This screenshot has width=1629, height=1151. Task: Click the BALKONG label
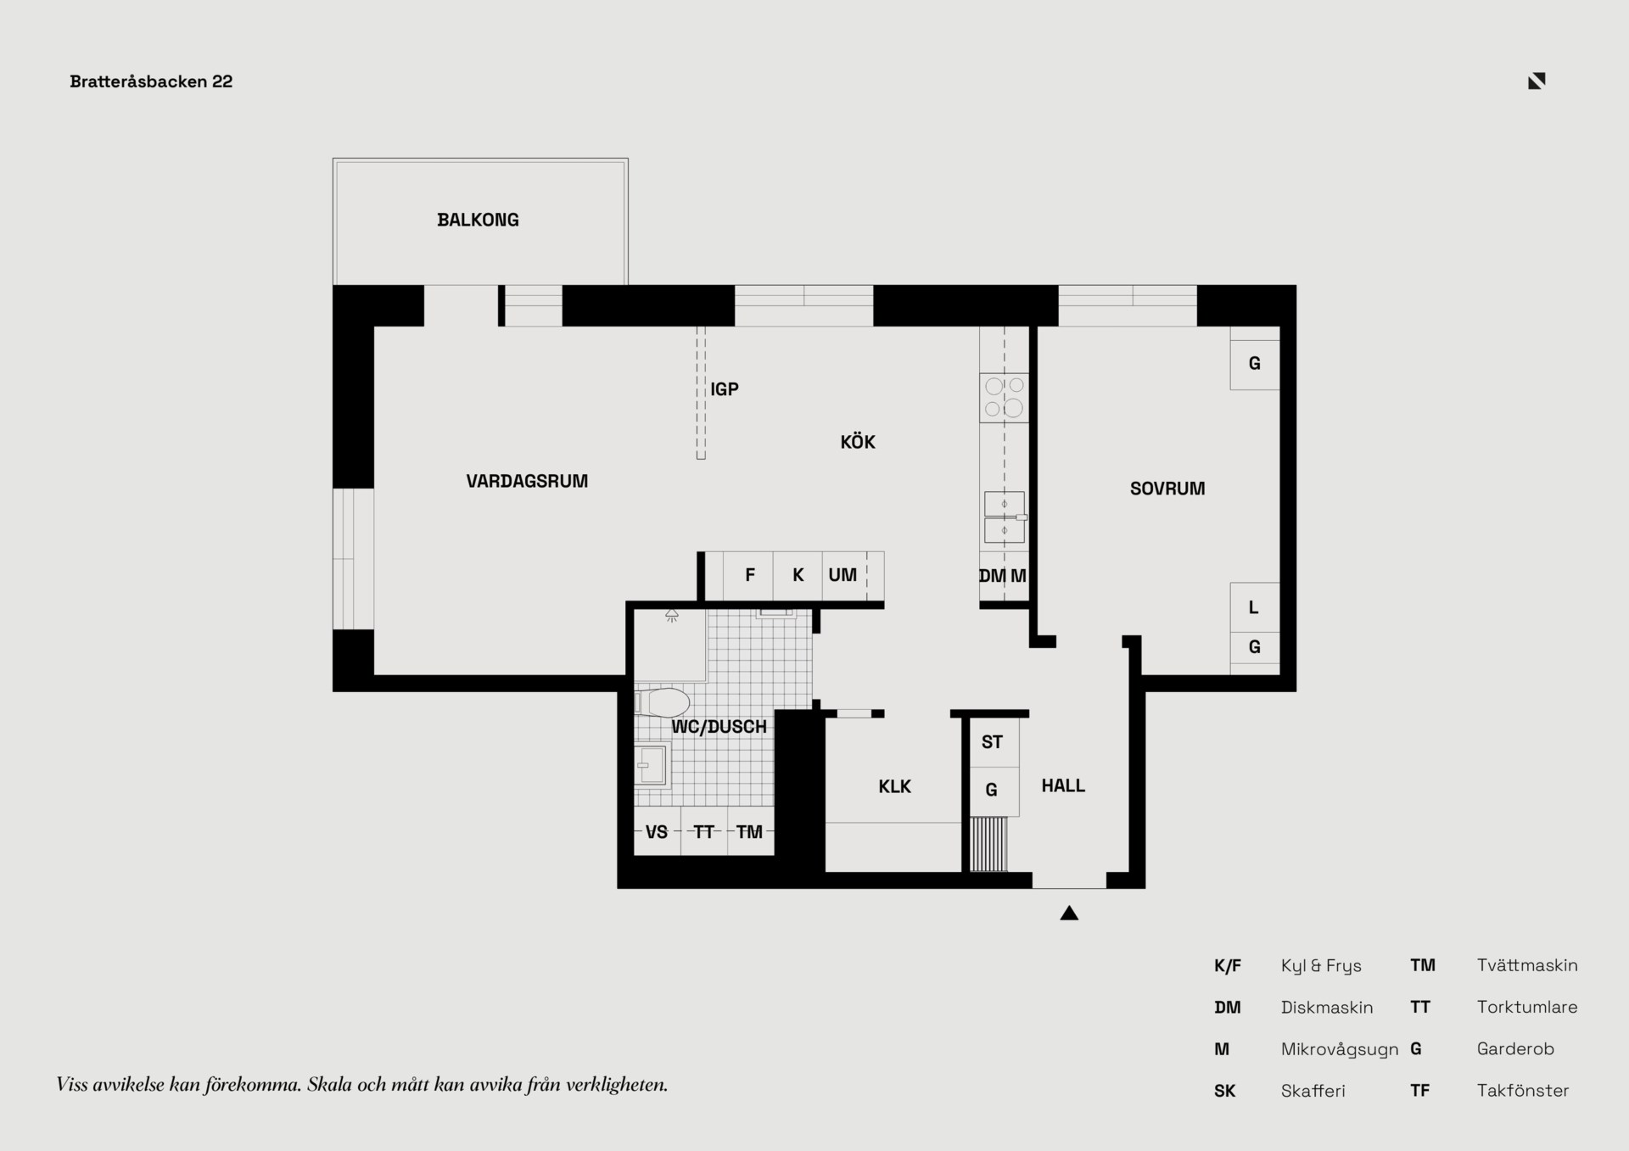pyautogui.click(x=478, y=220)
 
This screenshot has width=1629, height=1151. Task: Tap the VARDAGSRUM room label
pyautogui.click(x=527, y=481)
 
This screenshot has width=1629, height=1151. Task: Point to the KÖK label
pyautogui.click(x=858, y=441)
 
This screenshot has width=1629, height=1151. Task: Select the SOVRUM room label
pyautogui.click(x=1167, y=489)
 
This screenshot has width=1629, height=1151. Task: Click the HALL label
pyautogui.click(x=1063, y=785)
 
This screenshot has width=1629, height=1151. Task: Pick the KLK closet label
pyautogui.click(x=894, y=786)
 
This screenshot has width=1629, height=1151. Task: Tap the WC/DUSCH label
pyautogui.click(x=719, y=727)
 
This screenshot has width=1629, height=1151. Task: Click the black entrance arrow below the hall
pyautogui.click(x=1069, y=913)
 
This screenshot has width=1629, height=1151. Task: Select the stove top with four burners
pyautogui.click(x=1005, y=398)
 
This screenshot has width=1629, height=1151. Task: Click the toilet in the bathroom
pyautogui.click(x=662, y=703)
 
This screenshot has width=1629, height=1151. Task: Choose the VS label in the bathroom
pyautogui.click(x=657, y=832)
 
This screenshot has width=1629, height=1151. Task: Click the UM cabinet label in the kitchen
pyautogui.click(x=842, y=575)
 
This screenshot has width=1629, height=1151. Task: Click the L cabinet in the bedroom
pyautogui.click(x=1255, y=607)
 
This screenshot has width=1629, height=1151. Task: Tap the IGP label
pyautogui.click(x=725, y=389)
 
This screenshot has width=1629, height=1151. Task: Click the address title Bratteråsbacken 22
pyautogui.click(x=151, y=81)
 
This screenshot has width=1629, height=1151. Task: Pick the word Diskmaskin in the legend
pyautogui.click(x=1327, y=1007)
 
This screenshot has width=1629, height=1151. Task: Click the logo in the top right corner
pyautogui.click(x=1537, y=81)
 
